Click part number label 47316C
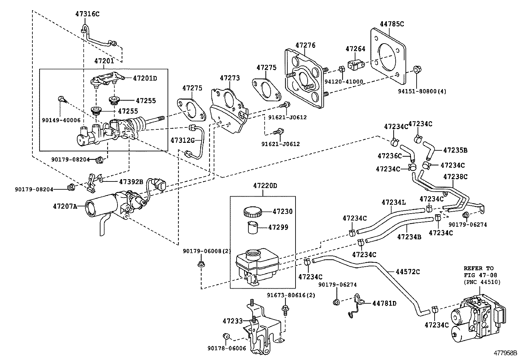point(87,14)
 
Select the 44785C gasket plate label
point(392,24)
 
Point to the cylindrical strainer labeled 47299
point(253,227)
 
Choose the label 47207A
point(65,206)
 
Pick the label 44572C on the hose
point(407,272)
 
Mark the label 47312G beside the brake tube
point(183,141)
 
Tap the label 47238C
point(455,177)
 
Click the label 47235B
point(455,150)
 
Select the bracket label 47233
point(233,321)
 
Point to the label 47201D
point(145,78)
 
